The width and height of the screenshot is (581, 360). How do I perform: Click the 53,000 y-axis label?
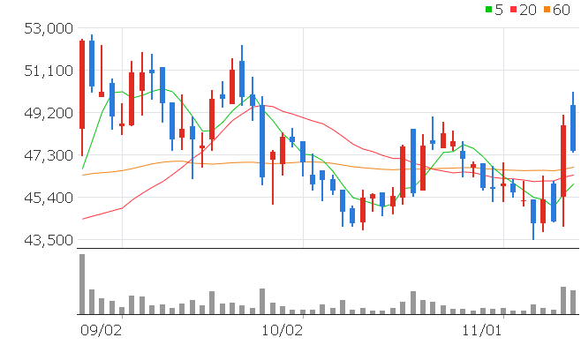tap(47, 29)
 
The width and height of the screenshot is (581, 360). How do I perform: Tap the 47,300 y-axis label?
tap(47, 155)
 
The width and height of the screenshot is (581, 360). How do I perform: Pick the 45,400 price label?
tap(47, 198)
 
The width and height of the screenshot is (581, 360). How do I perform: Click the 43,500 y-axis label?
tap(47, 240)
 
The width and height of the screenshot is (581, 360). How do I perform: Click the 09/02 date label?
tap(100, 330)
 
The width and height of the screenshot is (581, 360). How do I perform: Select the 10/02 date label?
tap(283, 330)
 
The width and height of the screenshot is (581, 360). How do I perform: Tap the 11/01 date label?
tap(482, 330)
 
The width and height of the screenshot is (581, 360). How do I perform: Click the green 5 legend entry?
tap(494, 10)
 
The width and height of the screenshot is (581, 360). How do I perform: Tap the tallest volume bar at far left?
tap(82, 284)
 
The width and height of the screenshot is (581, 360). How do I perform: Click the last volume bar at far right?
tap(573, 302)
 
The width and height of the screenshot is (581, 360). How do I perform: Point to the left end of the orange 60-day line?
tap(82, 175)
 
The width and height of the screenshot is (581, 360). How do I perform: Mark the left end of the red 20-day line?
tap(82, 219)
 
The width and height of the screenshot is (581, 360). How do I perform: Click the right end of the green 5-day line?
tap(574, 184)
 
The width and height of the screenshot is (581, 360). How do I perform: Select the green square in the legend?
tap(490, 10)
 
